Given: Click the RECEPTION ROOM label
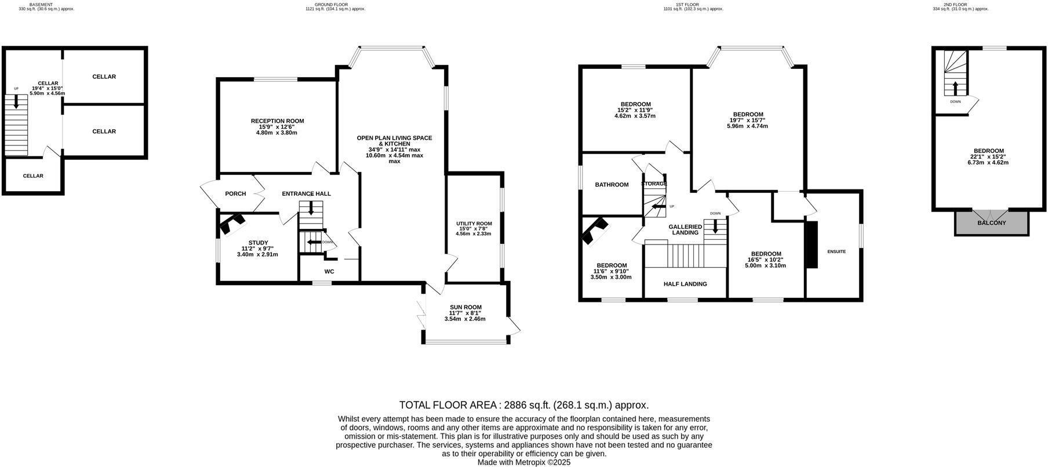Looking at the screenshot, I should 277,121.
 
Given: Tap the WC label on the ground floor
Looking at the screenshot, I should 329,271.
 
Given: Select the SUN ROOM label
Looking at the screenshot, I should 465,307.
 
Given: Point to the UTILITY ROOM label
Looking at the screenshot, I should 474,224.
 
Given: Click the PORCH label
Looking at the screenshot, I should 235,194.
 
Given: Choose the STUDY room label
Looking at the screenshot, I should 258,243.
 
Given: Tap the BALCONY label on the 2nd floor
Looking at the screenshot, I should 991,223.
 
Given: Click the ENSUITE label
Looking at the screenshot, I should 836,251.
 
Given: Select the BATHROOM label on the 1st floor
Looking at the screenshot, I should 612,185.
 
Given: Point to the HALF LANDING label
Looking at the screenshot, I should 685,284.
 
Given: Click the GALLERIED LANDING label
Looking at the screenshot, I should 685,229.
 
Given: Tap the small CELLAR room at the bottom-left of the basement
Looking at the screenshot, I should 33,176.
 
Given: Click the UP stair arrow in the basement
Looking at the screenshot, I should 16,101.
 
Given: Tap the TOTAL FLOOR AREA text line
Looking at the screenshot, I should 523,405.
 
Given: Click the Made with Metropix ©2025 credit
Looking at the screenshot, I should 523,462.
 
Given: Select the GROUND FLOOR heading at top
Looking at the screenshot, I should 335,5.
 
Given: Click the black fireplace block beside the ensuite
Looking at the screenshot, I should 812,244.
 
